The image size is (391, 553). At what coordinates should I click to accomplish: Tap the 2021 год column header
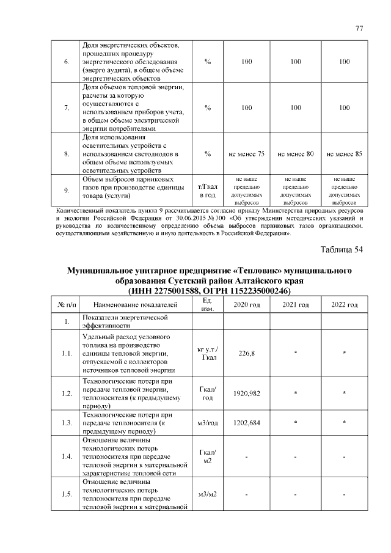[x=296, y=304]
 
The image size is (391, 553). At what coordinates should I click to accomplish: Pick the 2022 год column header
[x=345, y=304]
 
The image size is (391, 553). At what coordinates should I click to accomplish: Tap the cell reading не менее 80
[x=296, y=154]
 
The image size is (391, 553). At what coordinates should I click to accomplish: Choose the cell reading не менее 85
[x=345, y=154]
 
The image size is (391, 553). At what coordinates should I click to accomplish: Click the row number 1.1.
[x=67, y=353]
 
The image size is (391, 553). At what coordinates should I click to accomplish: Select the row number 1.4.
[x=67, y=456]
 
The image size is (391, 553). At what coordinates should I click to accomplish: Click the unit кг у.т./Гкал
[x=208, y=353]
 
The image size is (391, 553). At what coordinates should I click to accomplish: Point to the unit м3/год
[x=208, y=422]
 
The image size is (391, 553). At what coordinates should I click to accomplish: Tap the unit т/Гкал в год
[x=208, y=189]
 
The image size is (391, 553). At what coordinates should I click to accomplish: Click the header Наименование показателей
[x=135, y=304]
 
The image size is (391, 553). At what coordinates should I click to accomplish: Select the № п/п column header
[x=67, y=304]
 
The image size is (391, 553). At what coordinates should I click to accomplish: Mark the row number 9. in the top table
[x=67, y=190]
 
